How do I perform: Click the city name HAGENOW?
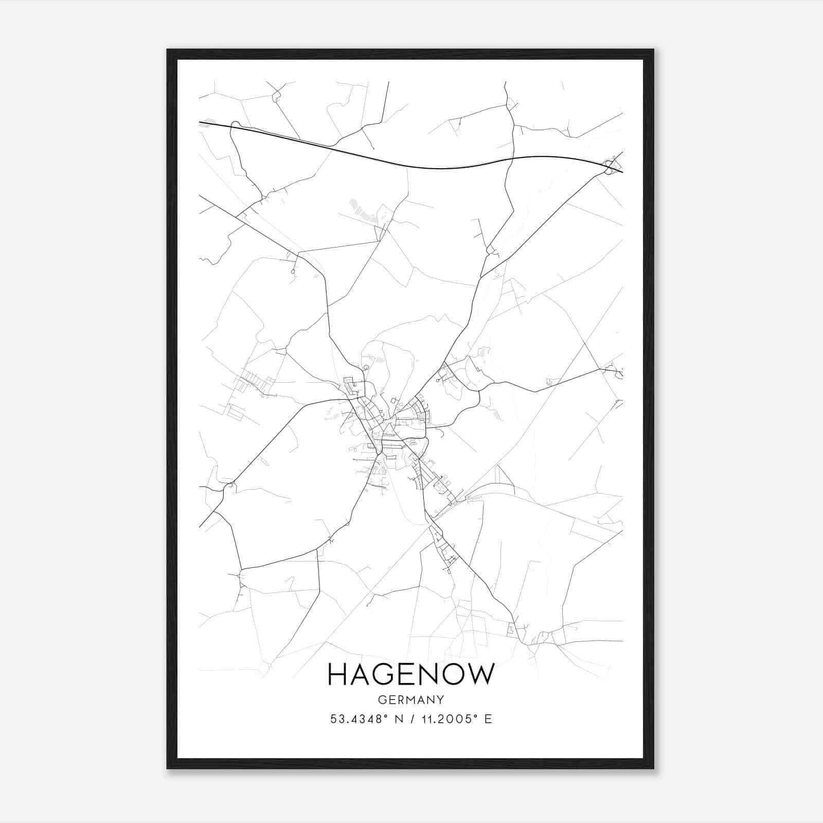click(x=411, y=674)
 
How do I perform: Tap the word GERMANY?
click(x=411, y=700)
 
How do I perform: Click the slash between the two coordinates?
click(x=413, y=719)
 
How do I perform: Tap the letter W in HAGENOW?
click(x=481, y=674)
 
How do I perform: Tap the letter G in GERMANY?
click(x=382, y=700)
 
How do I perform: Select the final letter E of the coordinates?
click(x=488, y=719)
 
